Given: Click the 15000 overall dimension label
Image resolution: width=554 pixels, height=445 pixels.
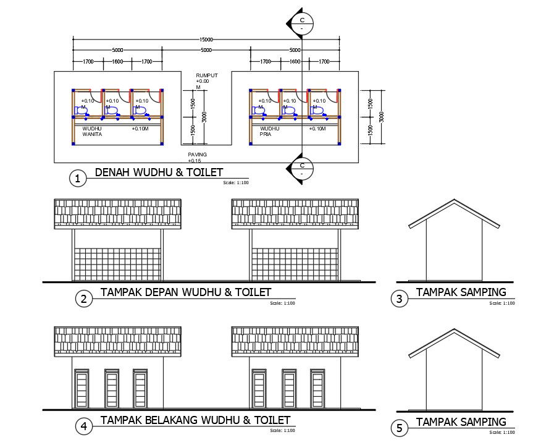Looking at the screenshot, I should coord(206,40).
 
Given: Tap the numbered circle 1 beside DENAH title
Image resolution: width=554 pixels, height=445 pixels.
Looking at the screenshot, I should coord(77,179).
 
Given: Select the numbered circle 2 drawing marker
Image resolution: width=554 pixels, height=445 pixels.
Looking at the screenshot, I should coord(83,299).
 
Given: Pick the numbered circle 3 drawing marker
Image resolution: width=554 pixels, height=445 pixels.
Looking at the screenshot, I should coord(400,299).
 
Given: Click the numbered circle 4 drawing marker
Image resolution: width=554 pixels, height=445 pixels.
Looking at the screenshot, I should coord(83,426).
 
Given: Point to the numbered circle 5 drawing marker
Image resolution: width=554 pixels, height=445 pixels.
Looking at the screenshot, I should coord(400,427).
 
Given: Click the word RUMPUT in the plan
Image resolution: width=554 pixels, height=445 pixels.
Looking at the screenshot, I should coord(206,75).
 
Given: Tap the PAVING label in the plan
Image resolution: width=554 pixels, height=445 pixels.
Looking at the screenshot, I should coord(198,154).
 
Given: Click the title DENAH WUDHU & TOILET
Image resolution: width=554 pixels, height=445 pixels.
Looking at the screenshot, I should coord(159,172).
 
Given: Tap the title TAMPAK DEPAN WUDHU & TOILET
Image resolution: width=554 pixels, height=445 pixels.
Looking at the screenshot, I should coord(185,292).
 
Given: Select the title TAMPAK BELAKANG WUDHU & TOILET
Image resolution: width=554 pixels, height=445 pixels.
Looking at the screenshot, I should coord(195,420).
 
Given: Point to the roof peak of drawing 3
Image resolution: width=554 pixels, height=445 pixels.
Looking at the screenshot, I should coord(455,200).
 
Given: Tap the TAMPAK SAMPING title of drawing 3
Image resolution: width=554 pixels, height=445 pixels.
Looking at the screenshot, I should coord(461,292).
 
